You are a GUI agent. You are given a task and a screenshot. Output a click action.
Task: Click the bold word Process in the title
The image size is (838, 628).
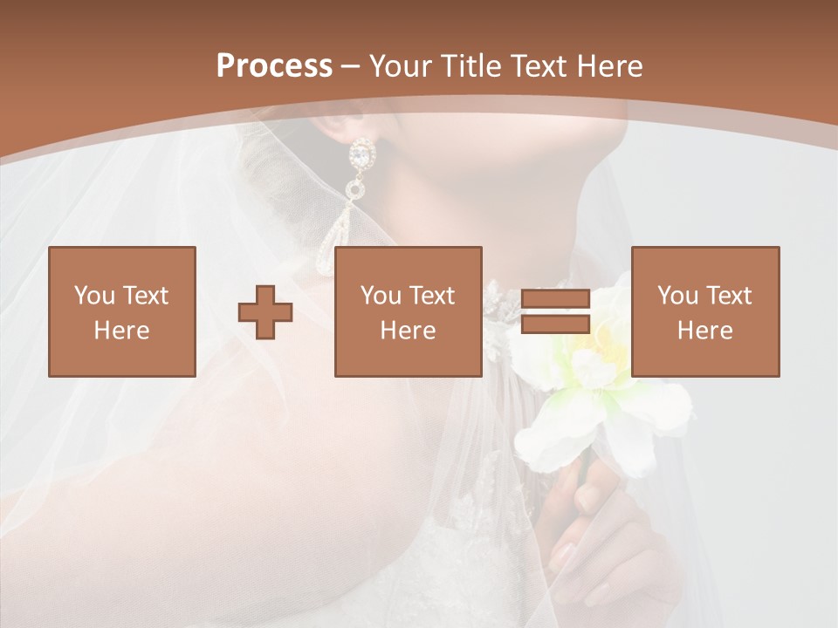pyautogui.click(x=274, y=66)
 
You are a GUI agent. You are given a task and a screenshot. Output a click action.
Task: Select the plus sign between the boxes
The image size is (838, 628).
pyautogui.click(x=265, y=312)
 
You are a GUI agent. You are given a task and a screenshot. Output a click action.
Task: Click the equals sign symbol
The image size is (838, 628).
pyautogui.click(x=555, y=312)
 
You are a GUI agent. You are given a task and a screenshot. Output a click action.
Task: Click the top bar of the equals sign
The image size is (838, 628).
pyautogui.click(x=555, y=299)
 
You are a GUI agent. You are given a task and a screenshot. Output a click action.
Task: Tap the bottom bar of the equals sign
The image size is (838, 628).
pyautogui.click(x=555, y=324)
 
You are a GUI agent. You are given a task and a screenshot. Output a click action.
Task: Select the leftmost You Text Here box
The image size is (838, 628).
pyautogui.click(x=121, y=311)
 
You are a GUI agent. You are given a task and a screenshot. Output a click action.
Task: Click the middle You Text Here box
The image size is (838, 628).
pyautogui.click(x=408, y=311)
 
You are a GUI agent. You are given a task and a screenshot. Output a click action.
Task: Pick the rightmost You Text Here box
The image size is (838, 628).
pyautogui.click(x=704, y=311)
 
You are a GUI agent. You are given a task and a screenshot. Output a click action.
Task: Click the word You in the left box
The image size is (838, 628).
pyautogui.click(x=94, y=295)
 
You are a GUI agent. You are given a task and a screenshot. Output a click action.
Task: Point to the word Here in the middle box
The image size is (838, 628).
pyautogui.click(x=408, y=331)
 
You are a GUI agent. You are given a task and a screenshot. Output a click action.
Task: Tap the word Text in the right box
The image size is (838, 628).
pyautogui.click(x=729, y=295)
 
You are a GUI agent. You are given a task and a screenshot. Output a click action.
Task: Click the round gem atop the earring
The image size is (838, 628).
pyautogui.click(x=361, y=156)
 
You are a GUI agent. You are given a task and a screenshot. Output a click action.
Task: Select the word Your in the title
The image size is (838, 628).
pyautogui.click(x=402, y=66)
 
